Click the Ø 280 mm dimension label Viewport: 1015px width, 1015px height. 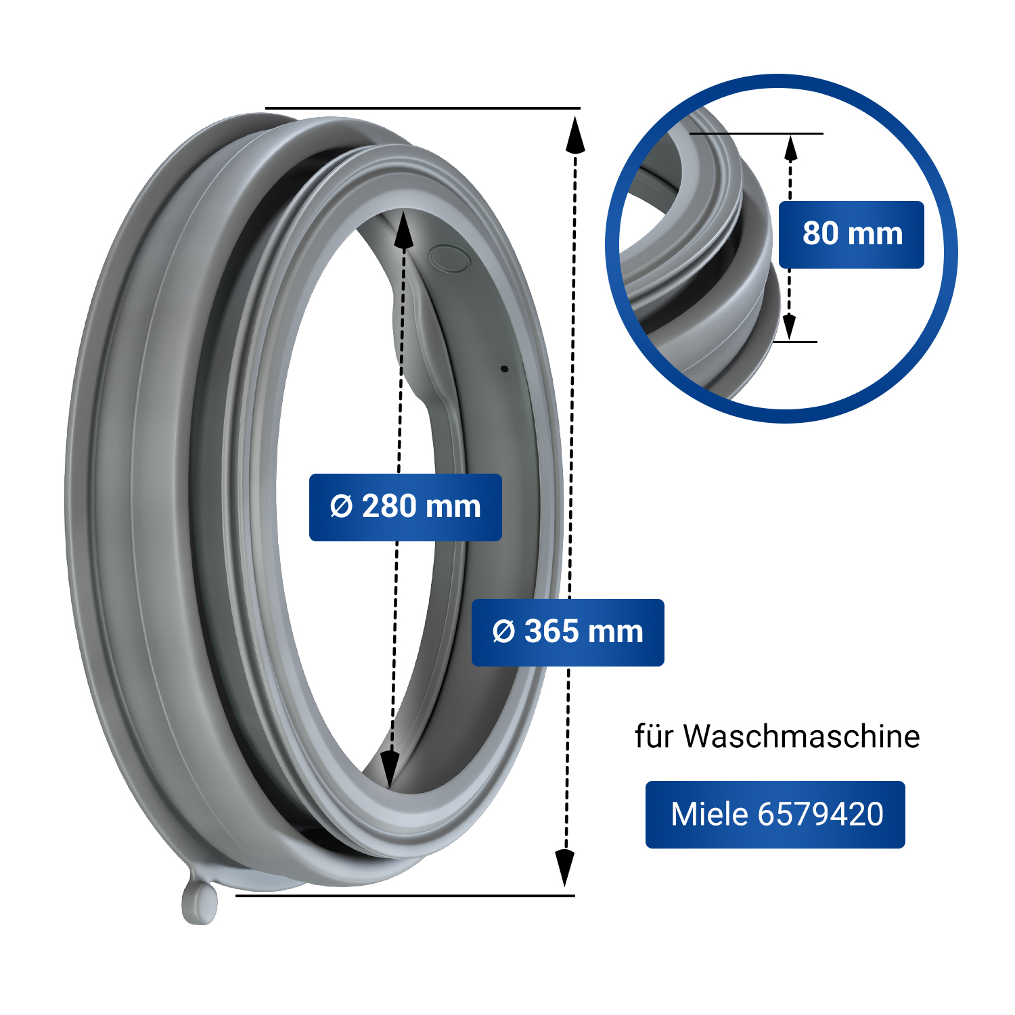click(405, 507)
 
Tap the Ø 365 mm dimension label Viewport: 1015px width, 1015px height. click(568, 632)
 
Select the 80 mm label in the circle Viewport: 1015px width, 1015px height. click(851, 234)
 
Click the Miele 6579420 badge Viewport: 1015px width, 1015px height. click(775, 814)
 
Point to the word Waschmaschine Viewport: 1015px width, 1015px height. click(801, 736)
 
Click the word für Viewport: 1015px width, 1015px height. click(654, 736)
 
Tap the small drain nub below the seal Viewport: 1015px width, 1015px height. click(200, 902)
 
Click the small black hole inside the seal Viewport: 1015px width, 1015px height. click(504, 369)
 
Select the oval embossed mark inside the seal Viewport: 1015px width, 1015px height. click(449, 258)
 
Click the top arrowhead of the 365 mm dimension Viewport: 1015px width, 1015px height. click(575, 133)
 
